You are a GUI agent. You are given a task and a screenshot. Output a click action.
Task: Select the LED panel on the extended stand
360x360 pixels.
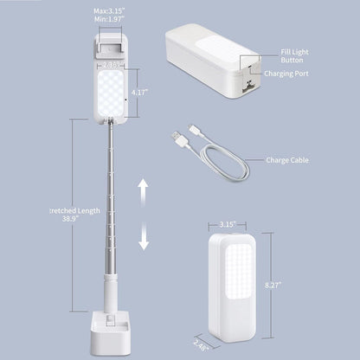tap(109, 91)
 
